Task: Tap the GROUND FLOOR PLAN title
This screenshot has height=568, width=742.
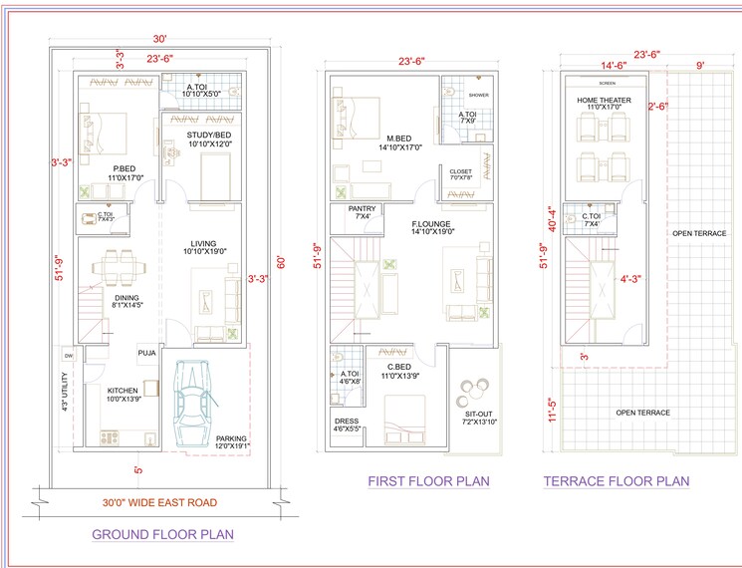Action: (162, 534)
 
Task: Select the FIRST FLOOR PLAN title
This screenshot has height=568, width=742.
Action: (429, 481)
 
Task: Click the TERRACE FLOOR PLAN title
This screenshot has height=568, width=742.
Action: (616, 481)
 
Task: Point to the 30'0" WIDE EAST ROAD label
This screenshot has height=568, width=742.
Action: (160, 502)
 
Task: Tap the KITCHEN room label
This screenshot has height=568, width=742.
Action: (124, 391)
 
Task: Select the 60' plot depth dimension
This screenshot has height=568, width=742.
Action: (281, 262)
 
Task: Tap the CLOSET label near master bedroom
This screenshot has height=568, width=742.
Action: (460, 171)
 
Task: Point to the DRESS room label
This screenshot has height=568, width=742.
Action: (346, 421)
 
